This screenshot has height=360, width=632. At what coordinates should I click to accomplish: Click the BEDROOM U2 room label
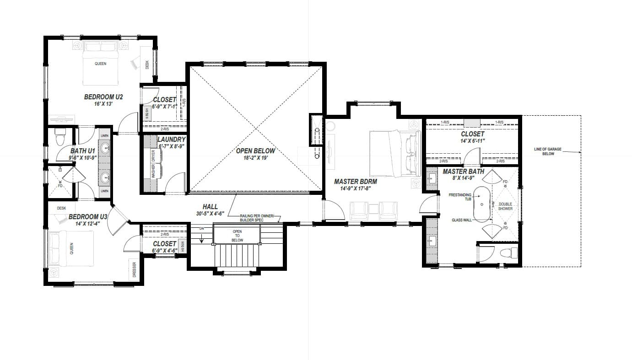coord(103,97)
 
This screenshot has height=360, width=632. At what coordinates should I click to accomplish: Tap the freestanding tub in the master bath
coord(481,204)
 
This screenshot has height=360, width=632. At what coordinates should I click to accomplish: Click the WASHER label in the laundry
coord(154,172)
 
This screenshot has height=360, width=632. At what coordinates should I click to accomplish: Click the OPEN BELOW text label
coord(256,150)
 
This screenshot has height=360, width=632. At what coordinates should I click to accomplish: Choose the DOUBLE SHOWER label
coord(505,206)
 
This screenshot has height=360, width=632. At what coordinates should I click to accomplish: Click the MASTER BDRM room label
coord(356,181)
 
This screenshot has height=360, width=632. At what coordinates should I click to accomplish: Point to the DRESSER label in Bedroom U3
coord(135,269)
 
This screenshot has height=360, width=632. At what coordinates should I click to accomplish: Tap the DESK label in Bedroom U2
coord(147,65)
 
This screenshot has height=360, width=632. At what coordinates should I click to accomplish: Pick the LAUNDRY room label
coord(171,139)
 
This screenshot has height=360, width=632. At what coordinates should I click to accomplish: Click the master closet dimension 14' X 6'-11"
coord(472,141)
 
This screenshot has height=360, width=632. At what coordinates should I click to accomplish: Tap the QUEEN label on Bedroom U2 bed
coord(101,64)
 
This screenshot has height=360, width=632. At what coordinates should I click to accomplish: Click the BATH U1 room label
coord(82,151)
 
